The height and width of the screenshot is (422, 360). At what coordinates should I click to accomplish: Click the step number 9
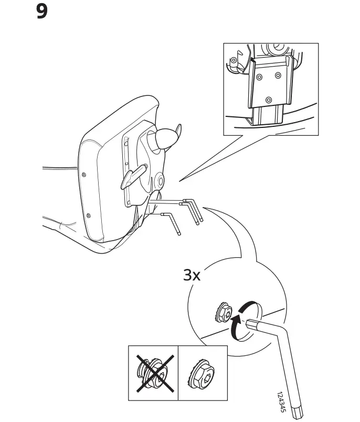pos(42,11)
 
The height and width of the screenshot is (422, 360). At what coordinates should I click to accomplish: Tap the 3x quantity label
pos(192,275)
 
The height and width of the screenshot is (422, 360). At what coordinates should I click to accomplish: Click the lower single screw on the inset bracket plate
pos(269,100)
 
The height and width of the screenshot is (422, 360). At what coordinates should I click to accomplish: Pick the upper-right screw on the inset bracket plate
pos(278,75)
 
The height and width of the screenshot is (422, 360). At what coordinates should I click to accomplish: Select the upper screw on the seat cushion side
pos(84,175)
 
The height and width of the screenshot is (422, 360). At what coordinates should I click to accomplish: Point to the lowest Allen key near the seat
pos(172,222)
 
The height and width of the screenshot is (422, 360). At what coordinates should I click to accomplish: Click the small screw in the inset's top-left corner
pos(234,60)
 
